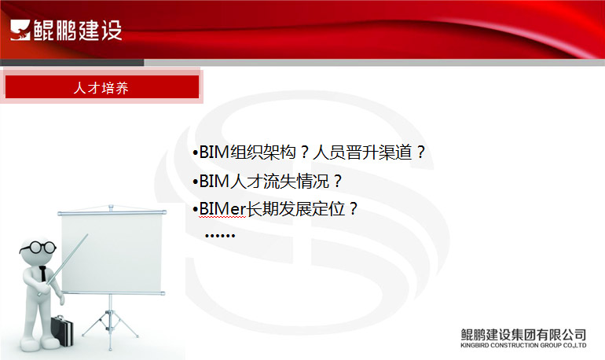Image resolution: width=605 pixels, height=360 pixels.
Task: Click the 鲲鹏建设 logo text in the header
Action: point(78,30)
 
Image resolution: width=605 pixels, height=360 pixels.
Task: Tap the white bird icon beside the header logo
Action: point(20,30)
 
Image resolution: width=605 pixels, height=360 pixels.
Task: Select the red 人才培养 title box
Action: point(102,86)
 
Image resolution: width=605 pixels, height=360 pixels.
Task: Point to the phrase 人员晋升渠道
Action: point(362,152)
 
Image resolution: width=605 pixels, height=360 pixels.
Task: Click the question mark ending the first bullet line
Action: point(420,152)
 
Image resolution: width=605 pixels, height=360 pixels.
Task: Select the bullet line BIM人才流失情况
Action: point(267,181)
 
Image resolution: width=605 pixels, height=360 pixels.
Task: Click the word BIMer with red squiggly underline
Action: point(222,209)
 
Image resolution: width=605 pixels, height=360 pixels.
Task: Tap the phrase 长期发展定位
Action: point(295,209)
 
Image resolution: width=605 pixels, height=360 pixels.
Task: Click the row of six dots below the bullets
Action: point(220,235)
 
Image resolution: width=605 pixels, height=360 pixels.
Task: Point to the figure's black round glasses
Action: point(38,248)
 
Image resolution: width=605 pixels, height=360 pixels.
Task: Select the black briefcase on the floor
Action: point(62,330)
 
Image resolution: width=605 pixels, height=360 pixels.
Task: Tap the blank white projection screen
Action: point(112,253)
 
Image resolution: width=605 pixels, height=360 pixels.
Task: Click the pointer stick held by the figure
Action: point(63,265)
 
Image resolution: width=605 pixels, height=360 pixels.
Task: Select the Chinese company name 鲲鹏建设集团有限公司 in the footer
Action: point(523,334)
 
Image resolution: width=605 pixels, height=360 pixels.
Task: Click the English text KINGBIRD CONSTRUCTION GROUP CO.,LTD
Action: point(523,345)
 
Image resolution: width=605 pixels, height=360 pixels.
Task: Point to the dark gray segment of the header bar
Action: point(72,63)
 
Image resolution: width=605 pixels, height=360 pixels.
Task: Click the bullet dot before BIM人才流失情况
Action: point(195,182)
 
